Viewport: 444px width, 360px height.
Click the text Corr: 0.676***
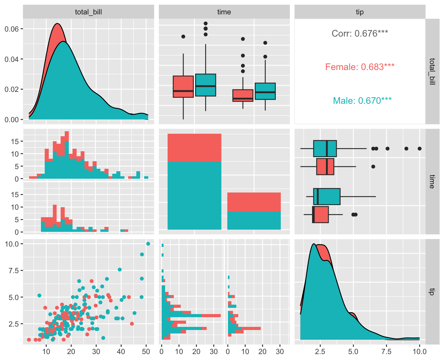coord(360,33)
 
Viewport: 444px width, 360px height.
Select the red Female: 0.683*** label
coord(360,67)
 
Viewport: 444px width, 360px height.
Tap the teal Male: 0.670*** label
coord(362,101)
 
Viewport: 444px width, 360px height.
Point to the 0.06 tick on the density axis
coord(12,29)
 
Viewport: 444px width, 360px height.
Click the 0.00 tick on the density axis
coord(12,119)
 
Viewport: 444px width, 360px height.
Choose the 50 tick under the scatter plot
coord(146,352)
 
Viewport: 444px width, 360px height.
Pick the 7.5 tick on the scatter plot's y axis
coord(12,270)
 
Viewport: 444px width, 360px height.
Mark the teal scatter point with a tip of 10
coord(148,244)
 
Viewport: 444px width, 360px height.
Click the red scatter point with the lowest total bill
coord(29,340)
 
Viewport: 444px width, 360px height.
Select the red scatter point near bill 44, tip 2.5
coord(132,324)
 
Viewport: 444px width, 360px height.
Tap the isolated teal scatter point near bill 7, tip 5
coord(39,295)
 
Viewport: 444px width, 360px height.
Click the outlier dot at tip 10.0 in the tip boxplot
coord(420,148)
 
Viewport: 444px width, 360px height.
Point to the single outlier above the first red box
coord(183,37)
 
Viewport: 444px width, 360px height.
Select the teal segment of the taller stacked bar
coord(194,195)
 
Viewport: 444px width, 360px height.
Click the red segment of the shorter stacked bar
coord(254,202)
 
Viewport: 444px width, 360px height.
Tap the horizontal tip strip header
coord(360,12)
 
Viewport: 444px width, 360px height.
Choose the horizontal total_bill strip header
coord(88,12)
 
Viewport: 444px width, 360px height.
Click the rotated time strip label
coord(432,182)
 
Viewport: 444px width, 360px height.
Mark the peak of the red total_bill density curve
coord(57,23)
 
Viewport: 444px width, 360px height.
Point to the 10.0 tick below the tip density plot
coord(419,352)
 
